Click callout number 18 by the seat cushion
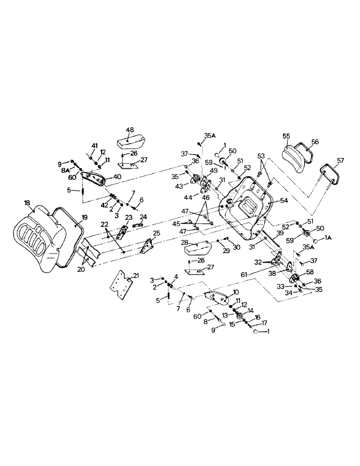pyautogui.click(x=27, y=203)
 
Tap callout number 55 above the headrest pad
pyautogui.click(x=286, y=136)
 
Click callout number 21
pyautogui.click(x=136, y=276)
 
